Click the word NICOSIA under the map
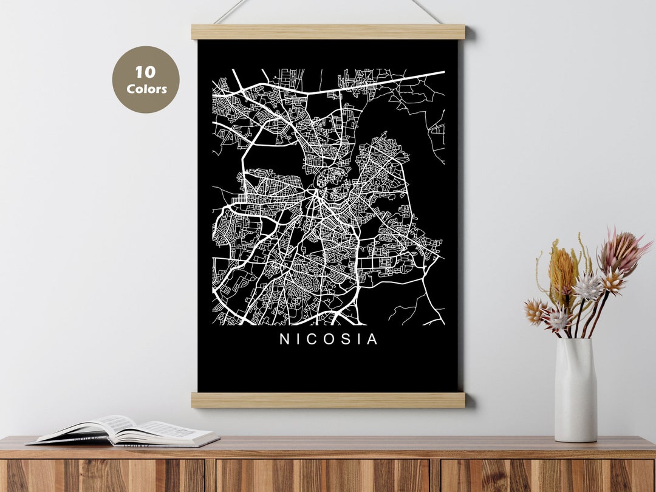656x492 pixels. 329,340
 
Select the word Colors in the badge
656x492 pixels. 146,89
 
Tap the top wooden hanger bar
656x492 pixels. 328,32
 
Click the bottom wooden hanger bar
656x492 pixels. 328,400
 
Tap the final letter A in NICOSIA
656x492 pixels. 372,340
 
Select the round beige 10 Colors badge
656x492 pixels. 146,80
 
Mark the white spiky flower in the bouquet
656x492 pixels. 587,287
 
